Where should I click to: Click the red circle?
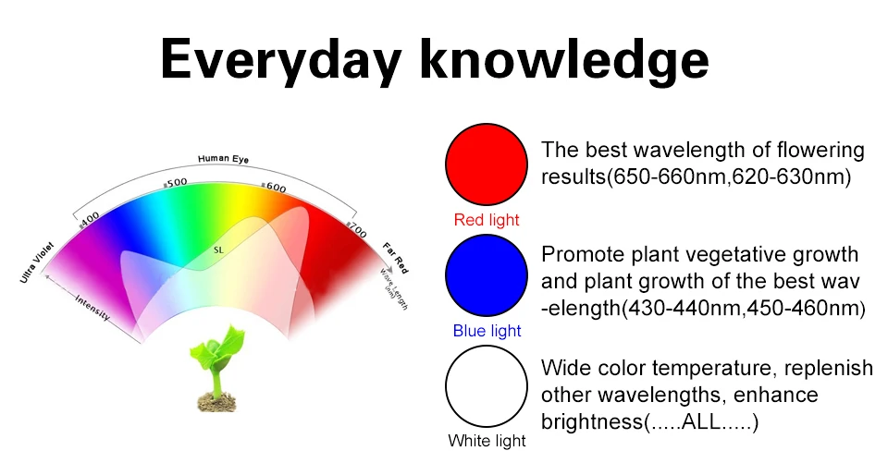click(x=487, y=164)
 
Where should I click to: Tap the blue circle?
click(x=487, y=275)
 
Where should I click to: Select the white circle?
click(x=487, y=386)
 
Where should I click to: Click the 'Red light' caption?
click(x=487, y=219)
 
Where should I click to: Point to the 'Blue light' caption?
click(x=487, y=330)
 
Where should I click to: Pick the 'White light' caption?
click(x=487, y=441)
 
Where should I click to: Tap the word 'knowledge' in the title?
click(x=564, y=60)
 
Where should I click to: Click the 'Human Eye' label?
click(x=223, y=159)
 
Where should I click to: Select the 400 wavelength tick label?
click(x=89, y=220)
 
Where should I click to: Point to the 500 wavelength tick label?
click(x=176, y=183)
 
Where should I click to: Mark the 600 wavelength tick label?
click(x=274, y=187)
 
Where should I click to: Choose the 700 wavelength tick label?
click(x=357, y=229)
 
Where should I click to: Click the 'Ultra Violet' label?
click(x=37, y=262)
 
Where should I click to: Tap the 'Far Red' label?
click(x=395, y=258)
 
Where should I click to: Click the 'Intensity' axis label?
click(x=92, y=307)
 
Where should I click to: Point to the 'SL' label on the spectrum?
click(x=218, y=250)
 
